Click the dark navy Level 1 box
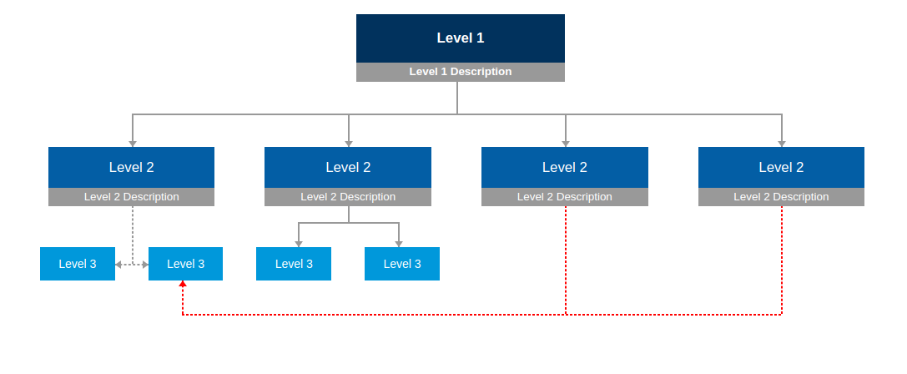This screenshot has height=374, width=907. tap(461, 38)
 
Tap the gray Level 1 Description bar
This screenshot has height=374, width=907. tap(461, 72)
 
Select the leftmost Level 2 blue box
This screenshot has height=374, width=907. tap(131, 167)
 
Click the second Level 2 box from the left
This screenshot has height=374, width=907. tap(348, 167)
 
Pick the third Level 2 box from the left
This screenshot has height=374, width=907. tap(565, 167)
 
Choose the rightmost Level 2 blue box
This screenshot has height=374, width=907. tap(782, 167)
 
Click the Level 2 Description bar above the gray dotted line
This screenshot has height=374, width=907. tap(131, 197)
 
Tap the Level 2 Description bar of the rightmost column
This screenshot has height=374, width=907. tap(782, 197)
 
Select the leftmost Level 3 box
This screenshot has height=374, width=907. tap(78, 264)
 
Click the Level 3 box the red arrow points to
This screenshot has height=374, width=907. tap(186, 264)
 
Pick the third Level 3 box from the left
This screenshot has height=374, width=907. tap(294, 264)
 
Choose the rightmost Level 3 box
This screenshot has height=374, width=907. tap(402, 264)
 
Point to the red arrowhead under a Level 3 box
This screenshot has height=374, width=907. tap(183, 284)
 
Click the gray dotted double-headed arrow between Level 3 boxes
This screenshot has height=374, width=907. tap(132, 265)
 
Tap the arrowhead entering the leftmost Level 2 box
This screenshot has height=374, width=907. tap(133, 144)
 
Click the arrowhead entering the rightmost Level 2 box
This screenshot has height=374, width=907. tap(782, 144)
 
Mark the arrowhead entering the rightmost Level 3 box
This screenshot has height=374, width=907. tap(399, 244)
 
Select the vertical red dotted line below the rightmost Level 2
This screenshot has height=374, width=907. tap(782, 260)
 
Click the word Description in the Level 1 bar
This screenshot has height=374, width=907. tap(481, 72)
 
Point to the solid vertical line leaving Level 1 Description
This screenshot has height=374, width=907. tap(457, 98)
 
